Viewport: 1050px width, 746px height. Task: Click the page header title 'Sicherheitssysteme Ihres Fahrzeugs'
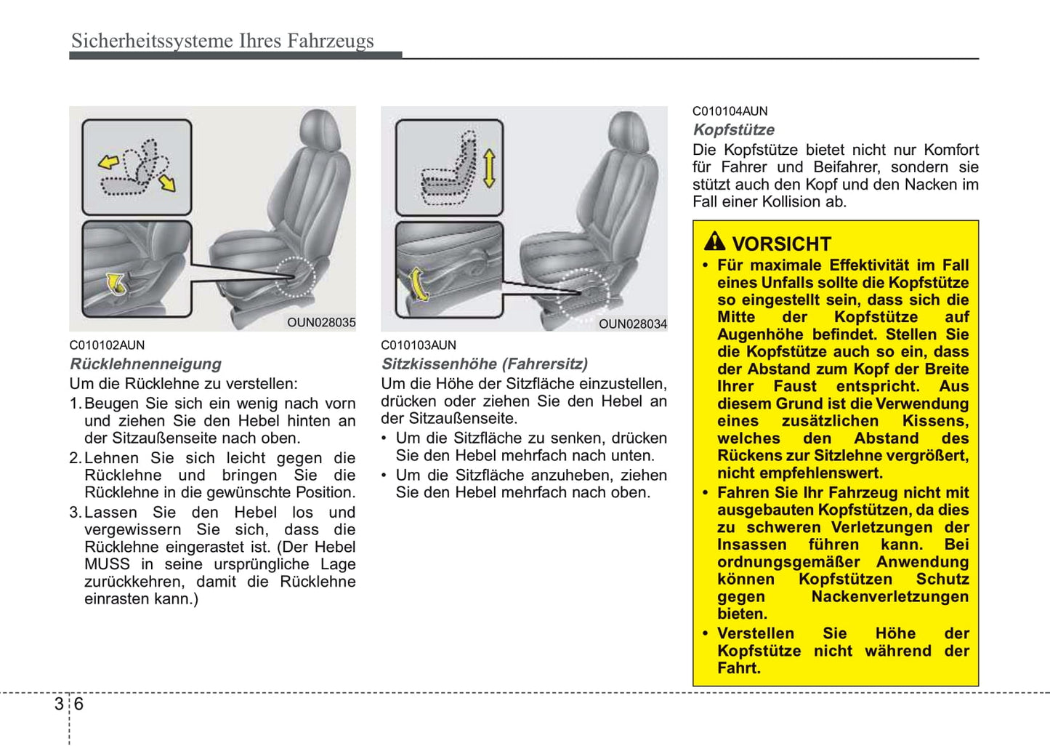point(222,41)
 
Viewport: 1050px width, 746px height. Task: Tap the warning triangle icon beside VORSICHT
point(714,241)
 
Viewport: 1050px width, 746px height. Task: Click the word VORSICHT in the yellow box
point(781,244)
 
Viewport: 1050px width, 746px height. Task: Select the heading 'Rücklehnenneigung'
point(145,364)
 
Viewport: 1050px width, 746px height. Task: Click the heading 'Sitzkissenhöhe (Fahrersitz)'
point(485,364)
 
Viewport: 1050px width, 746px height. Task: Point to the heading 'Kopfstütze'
point(733,130)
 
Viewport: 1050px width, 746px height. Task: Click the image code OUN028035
point(321,323)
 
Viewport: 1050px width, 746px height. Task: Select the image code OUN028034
point(632,324)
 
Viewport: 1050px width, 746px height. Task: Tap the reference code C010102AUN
point(107,345)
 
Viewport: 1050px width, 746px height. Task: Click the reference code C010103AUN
point(419,345)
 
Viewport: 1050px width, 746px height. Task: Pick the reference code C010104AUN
point(730,111)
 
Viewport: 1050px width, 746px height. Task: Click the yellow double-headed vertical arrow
point(489,169)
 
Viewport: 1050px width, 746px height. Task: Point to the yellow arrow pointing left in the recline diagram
point(109,162)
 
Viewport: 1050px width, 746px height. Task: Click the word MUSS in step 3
point(107,564)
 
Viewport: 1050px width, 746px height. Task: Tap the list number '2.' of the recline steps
point(76,458)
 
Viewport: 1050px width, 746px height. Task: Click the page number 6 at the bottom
point(78,704)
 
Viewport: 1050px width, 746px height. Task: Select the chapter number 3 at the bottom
point(59,704)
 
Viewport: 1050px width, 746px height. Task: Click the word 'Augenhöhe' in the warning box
point(762,334)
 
